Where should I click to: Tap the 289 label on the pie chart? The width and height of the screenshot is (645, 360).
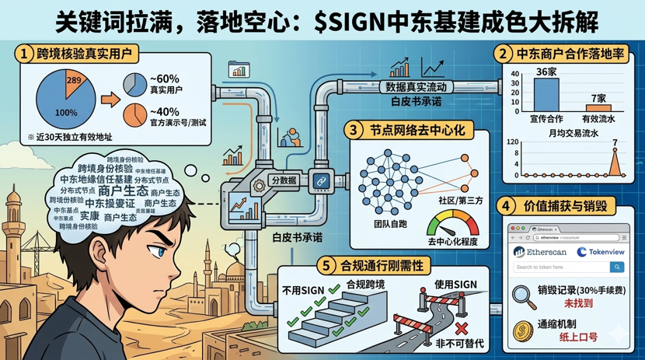74,81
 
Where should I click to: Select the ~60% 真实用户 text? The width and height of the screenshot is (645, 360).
164,85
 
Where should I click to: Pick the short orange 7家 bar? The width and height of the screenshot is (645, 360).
598,108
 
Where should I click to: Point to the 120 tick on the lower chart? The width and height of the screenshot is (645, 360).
512,142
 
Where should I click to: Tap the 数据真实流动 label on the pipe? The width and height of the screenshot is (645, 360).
417,87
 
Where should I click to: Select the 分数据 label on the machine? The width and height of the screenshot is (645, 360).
283,180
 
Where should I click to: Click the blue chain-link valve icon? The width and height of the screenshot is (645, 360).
320,181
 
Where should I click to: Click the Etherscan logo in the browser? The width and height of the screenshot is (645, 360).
541,252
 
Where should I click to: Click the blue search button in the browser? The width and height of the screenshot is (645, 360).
617,267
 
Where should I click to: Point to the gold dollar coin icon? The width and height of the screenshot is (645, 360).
522,330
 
